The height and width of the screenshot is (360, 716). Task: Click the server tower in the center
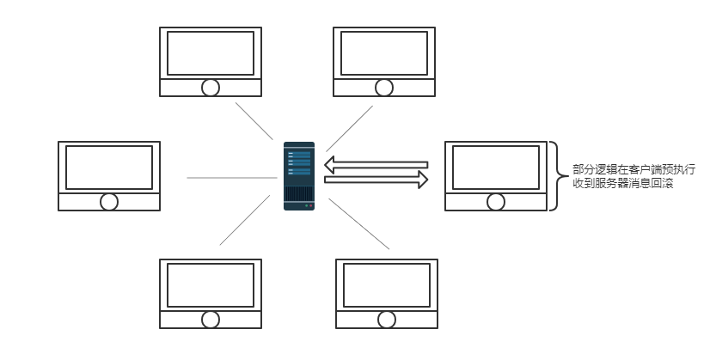click(x=299, y=176)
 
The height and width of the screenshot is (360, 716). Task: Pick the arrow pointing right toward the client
click(x=376, y=180)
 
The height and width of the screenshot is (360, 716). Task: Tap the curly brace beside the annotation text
click(x=555, y=176)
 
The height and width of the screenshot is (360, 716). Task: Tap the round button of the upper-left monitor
click(x=211, y=87)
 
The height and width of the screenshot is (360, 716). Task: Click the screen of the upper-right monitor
click(x=384, y=52)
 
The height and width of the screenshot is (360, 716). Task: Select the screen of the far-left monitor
click(x=109, y=167)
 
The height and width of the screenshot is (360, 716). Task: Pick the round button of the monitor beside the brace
click(x=496, y=202)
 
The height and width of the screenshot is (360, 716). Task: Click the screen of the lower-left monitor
click(x=211, y=284)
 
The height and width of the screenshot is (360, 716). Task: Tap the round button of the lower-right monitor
click(x=387, y=320)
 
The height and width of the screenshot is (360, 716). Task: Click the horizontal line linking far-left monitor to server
click(x=229, y=178)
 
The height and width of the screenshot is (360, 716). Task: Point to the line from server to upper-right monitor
click(x=349, y=129)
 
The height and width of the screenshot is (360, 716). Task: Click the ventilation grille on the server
click(x=299, y=193)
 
